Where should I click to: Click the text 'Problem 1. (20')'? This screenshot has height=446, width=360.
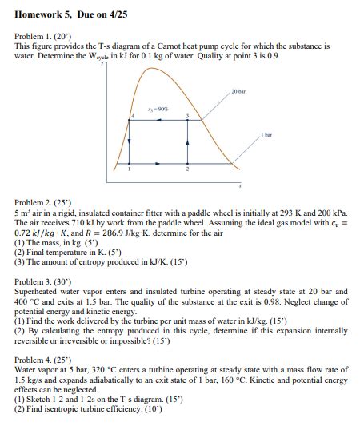pyautogui.click(x=42, y=38)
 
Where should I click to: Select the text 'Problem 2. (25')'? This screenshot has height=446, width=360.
pyautogui.click(x=42, y=205)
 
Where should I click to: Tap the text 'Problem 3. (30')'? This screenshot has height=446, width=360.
pyautogui.click(x=42, y=282)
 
